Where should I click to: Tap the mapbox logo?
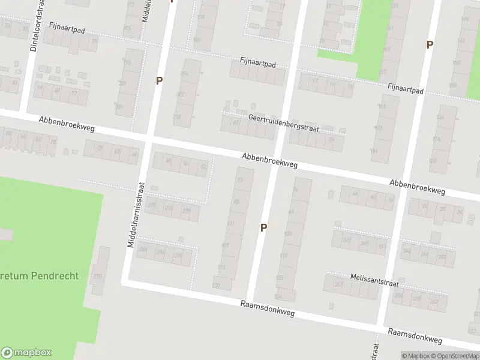(26, 353)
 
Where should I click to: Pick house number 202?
(181, 95)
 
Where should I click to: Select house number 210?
(177, 116)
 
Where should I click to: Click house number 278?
(186, 211)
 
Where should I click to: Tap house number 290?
(178, 255)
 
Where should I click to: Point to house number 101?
(231, 223)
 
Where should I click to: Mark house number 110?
(284, 256)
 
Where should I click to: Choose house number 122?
(280, 277)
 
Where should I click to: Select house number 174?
(436, 139)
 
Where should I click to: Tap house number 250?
(442, 256)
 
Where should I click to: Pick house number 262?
(433, 301)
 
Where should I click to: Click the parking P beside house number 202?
(159, 80)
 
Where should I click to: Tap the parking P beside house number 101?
(263, 227)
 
